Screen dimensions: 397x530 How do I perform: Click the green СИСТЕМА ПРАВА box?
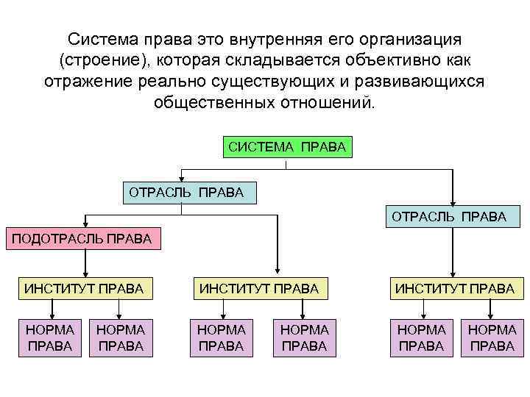(x=286, y=146)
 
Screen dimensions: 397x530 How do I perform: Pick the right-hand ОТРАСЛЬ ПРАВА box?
(x=449, y=216)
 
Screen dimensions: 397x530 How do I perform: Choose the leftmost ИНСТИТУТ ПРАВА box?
(x=84, y=289)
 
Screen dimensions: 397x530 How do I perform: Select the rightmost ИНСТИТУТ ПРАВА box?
(x=454, y=289)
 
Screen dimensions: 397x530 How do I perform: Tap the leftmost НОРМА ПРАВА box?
(x=49, y=337)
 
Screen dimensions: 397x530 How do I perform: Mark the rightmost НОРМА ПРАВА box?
(x=492, y=337)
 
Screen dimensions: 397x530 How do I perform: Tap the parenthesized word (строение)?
(x=105, y=59)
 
